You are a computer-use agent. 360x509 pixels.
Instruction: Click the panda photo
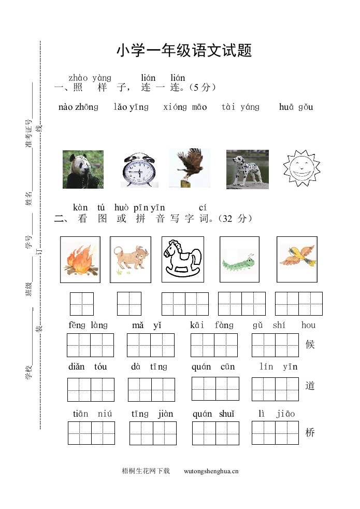click(83, 169)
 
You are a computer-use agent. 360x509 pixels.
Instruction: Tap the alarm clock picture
click(140, 169)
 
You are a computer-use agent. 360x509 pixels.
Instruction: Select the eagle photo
click(189, 168)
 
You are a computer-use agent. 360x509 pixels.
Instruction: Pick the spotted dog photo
click(247, 169)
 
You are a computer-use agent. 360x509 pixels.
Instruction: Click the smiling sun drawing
click(301, 168)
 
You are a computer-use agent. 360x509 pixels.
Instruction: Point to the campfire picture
click(80, 260)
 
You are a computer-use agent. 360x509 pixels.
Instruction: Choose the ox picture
click(130, 259)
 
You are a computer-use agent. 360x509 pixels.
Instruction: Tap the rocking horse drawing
click(182, 260)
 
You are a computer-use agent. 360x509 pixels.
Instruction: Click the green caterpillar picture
click(239, 260)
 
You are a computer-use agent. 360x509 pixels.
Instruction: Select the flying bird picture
click(297, 259)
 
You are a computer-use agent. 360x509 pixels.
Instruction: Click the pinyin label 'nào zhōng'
click(78, 107)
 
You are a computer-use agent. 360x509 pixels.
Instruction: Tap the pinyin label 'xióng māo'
click(185, 107)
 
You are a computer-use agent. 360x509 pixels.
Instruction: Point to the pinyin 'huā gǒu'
click(296, 107)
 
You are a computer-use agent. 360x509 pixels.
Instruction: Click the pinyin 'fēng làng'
click(88, 326)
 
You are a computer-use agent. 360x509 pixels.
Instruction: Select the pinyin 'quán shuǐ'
click(213, 414)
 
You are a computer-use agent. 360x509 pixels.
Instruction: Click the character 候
click(310, 345)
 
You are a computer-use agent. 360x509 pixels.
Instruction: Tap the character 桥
click(310, 433)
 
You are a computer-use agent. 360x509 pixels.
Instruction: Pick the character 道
click(310, 386)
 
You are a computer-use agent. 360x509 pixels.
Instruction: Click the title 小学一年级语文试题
click(184, 51)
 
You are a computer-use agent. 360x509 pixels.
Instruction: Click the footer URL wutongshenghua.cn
click(211, 471)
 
